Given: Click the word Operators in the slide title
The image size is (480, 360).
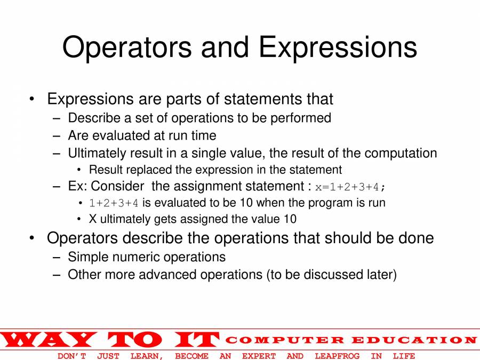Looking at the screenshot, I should (126, 47).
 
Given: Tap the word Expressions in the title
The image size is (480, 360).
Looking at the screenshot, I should (338, 47).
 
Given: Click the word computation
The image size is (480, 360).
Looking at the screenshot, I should (401, 154).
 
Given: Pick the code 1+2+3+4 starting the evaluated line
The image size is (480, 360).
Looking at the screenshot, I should (114, 203).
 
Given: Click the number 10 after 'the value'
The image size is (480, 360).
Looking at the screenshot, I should (290, 219).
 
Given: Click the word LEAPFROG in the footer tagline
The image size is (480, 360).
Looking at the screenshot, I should (337, 356).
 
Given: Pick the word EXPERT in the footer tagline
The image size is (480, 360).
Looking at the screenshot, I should (259, 356).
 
